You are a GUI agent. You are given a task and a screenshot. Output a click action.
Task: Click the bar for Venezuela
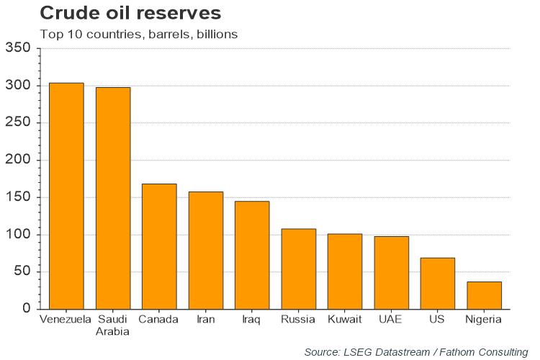point(66,196)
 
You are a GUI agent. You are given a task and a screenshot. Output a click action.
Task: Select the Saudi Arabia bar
point(113,198)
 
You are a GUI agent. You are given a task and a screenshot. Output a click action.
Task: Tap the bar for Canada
point(159,246)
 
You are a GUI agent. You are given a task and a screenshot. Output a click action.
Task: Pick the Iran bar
point(206,250)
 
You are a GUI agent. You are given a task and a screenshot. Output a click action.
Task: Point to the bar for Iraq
point(252,255)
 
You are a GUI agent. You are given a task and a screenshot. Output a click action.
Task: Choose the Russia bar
point(298,269)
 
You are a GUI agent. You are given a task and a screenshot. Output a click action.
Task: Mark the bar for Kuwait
point(345,271)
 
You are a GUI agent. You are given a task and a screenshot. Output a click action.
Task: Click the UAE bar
point(391,272)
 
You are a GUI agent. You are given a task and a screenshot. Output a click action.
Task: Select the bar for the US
point(438,283)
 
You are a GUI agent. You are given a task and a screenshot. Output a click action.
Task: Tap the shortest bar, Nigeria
point(484,295)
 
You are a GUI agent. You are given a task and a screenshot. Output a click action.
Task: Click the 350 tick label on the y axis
point(18,48)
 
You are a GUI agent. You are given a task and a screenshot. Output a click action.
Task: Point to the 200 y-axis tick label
point(18,160)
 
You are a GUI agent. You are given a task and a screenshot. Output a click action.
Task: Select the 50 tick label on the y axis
point(22,271)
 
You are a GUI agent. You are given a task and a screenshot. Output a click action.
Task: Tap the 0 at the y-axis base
point(27,309)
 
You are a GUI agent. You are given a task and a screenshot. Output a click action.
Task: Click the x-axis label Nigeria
point(484,319)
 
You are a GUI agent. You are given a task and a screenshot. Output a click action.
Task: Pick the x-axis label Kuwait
point(345,319)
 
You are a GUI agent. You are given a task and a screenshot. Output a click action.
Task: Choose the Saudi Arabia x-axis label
point(113,325)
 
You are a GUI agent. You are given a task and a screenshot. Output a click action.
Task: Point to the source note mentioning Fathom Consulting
point(416,351)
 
